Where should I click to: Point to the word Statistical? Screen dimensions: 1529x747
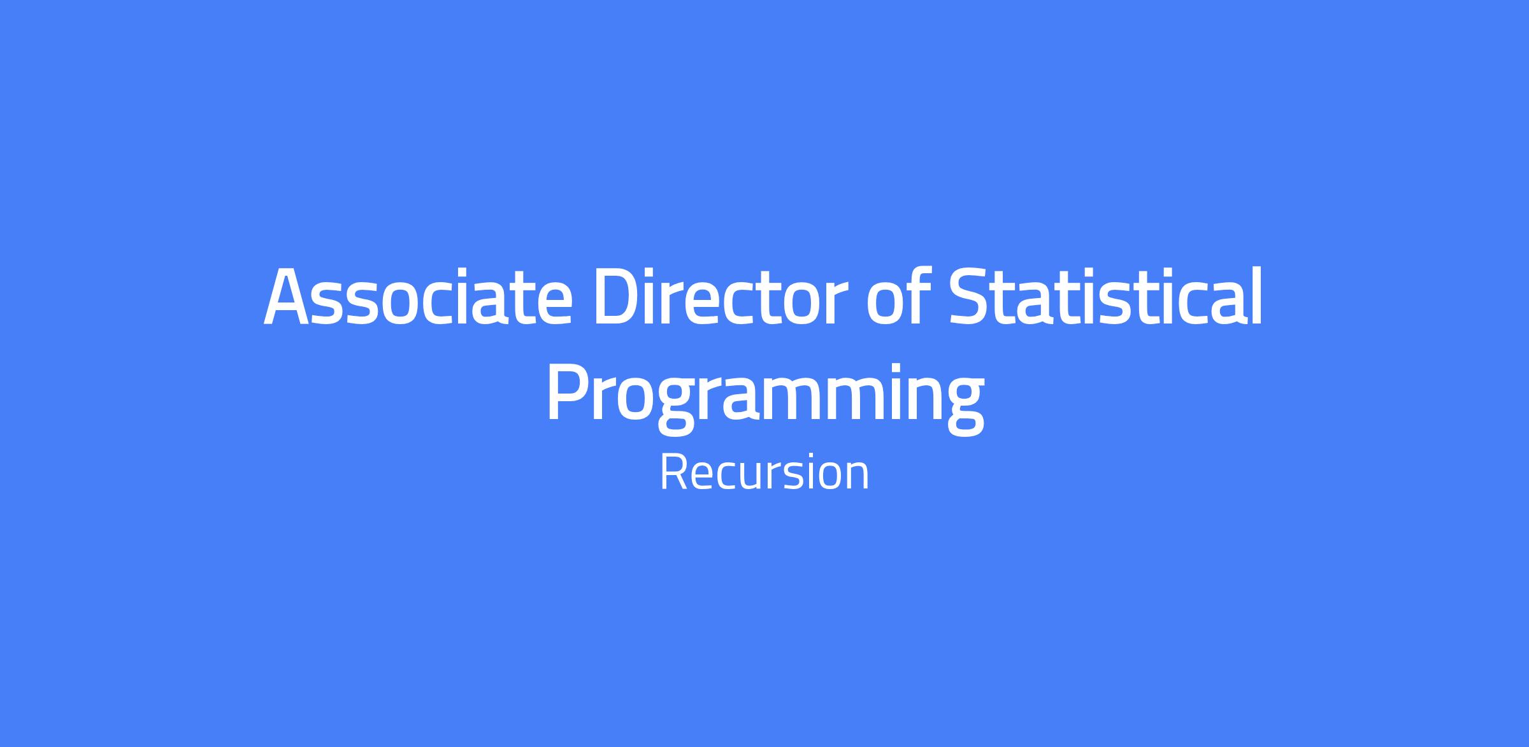point(1105,296)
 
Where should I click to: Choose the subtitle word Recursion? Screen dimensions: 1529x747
point(764,473)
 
